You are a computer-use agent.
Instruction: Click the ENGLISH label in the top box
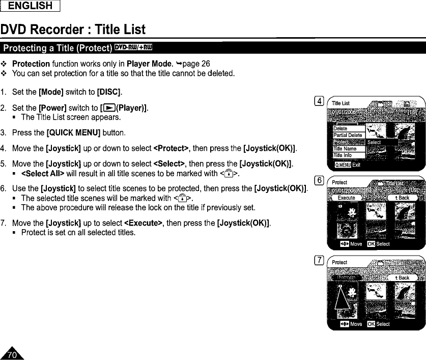click(x=31, y=6)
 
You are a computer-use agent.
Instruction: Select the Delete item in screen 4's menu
click(x=340, y=129)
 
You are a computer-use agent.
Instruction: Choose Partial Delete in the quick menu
click(x=348, y=135)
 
